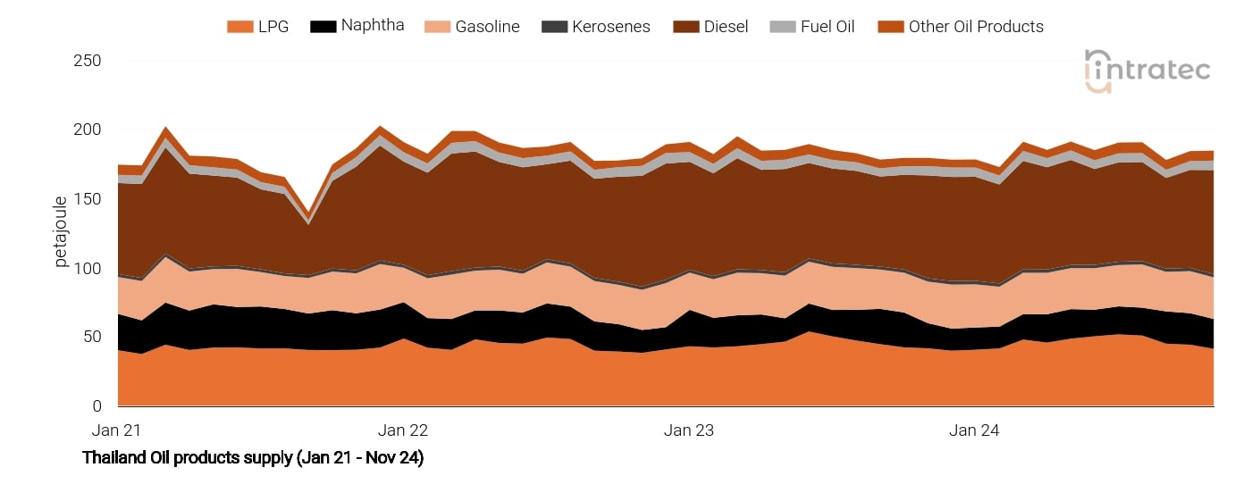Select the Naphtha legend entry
(x=357, y=25)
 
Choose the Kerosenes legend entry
(x=596, y=27)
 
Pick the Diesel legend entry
(x=711, y=27)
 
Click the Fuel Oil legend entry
(x=812, y=27)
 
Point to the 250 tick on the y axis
(x=88, y=61)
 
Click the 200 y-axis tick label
(x=88, y=130)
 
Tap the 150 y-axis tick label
(x=88, y=199)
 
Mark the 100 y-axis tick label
(x=88, y=269)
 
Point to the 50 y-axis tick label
(x=92, y=338)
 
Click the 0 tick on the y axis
(x=97, y=407)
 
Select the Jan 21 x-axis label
(x=117, y=430)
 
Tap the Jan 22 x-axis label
(x=403, y=430)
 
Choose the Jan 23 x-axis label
(x=689, y=430)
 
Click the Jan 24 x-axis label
(x=975, y=430)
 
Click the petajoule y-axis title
(x=62, y=231)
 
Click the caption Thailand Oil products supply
(x=253, y=458)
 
